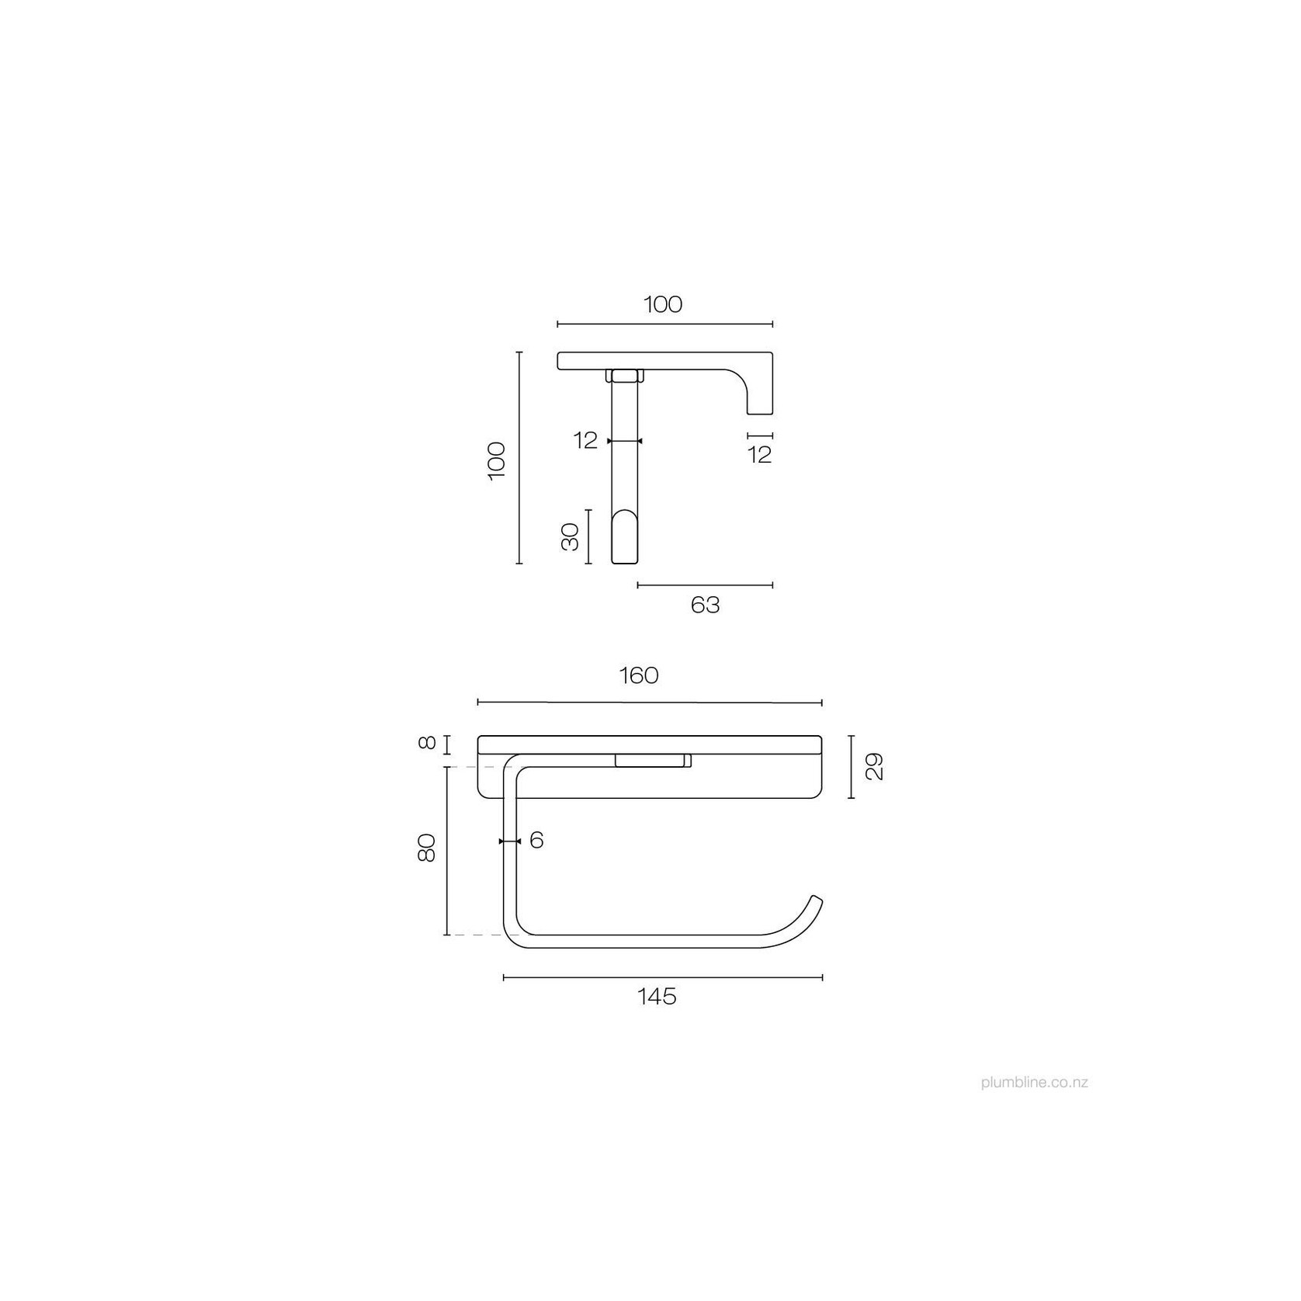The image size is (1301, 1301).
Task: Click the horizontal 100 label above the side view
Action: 663,304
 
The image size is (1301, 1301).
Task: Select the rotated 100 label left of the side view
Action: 497,461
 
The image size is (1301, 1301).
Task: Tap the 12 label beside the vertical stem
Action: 586,441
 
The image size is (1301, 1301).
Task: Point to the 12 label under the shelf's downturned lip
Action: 761,455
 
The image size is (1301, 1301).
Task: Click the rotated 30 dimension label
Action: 571,536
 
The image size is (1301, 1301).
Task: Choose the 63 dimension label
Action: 705,605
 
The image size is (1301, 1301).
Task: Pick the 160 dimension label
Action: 639,676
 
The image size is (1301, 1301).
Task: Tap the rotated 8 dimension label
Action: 426,743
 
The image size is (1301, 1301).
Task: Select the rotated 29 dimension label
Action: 875,766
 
